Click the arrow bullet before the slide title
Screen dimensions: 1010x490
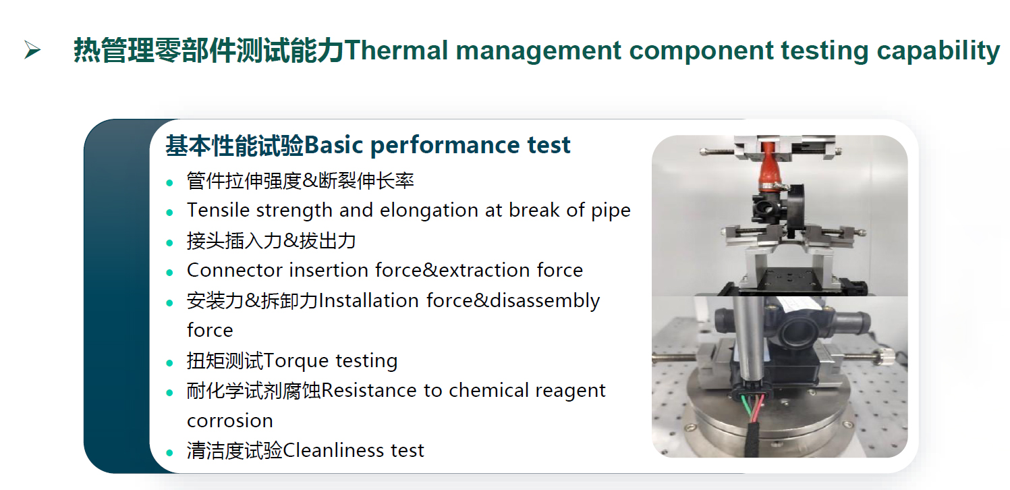pyautogui.click(x=32, y=50)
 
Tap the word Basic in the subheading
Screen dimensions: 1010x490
pyautogui.click(x=334, y=145)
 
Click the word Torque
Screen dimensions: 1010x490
pyautogui.click(x=296, y=361)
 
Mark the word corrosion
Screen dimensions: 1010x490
pyautogui.click(x=230, y=421)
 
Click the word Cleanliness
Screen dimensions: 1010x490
pyautogui.click(x=333, y=450)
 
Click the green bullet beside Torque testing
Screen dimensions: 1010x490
pyautogui.click(x=169, y=362)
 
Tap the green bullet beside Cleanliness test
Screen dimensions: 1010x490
pyautogui.click(x=169, y=453)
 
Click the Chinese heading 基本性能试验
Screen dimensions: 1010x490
pyautogui.click(x=235, y=145)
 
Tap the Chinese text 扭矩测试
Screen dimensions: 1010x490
pyautogui.click(x=225, y=361)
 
